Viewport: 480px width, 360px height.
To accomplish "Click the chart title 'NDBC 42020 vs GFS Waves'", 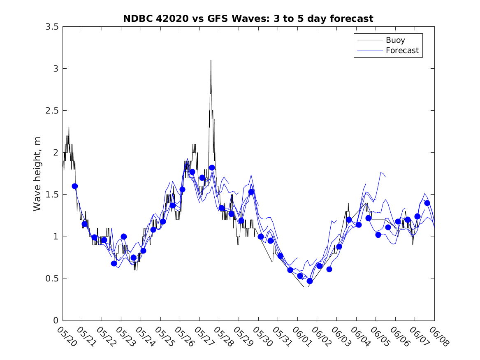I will click(x=248, y=19).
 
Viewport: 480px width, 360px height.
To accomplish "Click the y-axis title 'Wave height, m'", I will click(x=37, y=174).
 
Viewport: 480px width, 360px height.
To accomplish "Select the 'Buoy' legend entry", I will click(x=395, y=40).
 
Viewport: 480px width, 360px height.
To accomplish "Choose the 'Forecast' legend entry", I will click(x=402, y=51).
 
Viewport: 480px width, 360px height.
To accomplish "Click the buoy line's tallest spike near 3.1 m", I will click(x=211, y=61).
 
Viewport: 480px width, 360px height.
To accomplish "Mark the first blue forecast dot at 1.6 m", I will click(x=75, y=186).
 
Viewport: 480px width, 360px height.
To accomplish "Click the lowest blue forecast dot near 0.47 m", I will click(x=310, y=281).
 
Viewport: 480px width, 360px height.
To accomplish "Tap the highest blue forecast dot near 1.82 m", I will click(x=212, y=167).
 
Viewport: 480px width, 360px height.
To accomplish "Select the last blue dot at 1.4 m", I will click(x=427, y=203).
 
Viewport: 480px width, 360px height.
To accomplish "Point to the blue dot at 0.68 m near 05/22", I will click(x=114, y=263).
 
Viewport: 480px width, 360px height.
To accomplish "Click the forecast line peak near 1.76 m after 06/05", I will click(x=381, y=173).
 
